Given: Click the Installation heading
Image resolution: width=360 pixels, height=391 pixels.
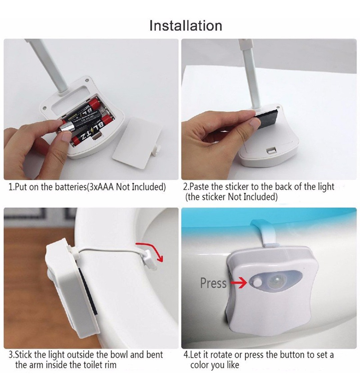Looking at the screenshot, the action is coord(186,26).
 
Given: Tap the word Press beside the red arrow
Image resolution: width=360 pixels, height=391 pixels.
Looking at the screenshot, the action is coord(213,283).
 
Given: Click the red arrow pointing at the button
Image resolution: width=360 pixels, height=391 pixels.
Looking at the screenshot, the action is coord(239,283).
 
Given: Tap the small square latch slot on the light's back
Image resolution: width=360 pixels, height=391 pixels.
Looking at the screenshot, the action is coord(271,150).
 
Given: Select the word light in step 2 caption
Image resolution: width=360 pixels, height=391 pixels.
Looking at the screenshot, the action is coord(325,187).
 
